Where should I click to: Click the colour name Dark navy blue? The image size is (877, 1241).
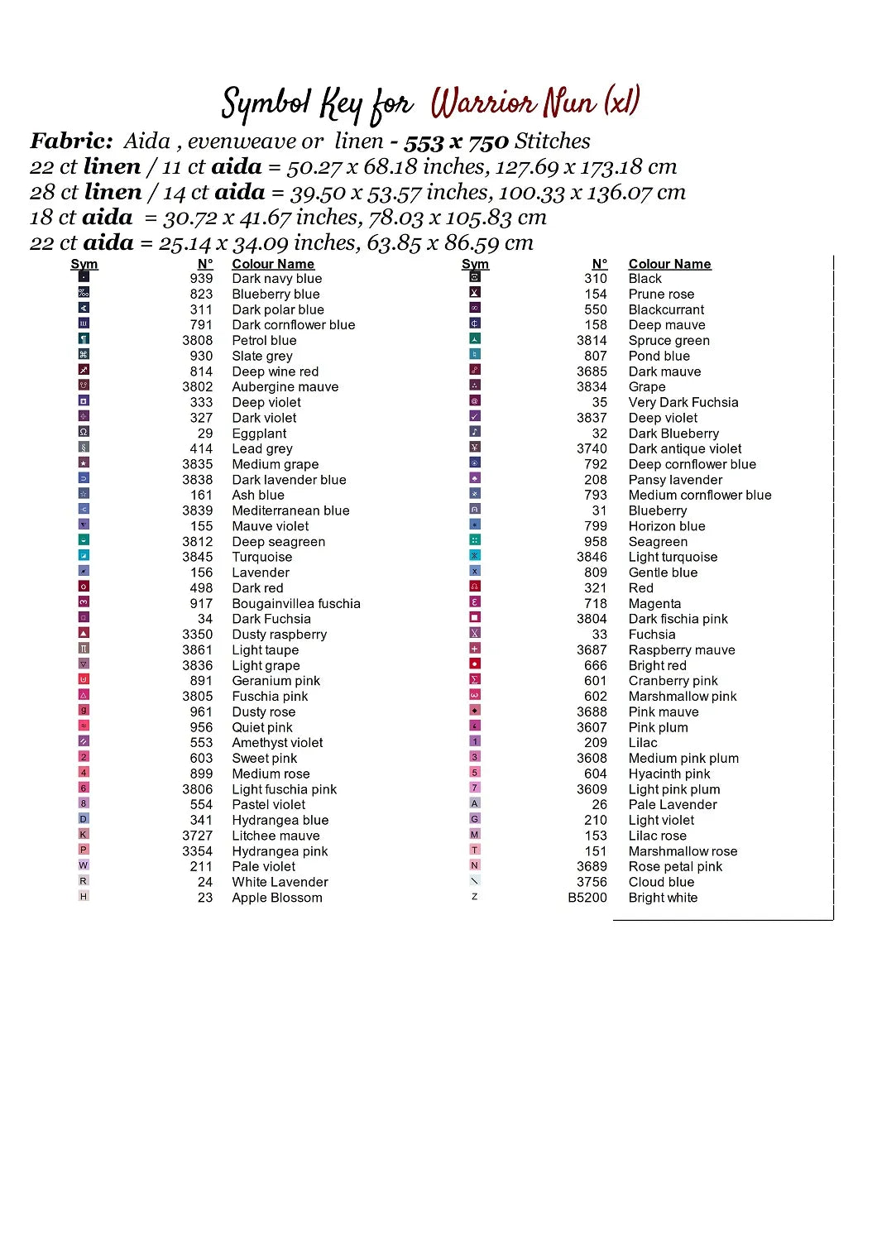click(x=276, y=279)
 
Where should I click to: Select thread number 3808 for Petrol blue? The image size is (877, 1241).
click(x=198, y=341)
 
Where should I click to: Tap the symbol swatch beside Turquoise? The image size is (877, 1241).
click(x=84, y=556)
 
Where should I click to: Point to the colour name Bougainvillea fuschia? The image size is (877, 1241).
click(x=296, y=604)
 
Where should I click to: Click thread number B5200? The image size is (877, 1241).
click(x=587, y=898)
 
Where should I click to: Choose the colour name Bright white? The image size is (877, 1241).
click(x=663, y=898)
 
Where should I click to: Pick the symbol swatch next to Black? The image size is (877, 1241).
click(x=475, y=277)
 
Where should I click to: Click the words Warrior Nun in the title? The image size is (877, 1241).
click(x=513, y=103)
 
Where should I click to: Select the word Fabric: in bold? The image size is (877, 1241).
click(x=71, y=141)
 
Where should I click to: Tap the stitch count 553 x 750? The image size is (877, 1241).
click(x=456, y=142)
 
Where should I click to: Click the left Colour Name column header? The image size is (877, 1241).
click(x=273, y=264)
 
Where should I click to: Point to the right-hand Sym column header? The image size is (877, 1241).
click(x=475, y=264)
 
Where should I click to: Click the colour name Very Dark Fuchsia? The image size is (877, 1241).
click(x=683, y=403)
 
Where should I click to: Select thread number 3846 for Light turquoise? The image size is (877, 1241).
click(x=592, y=558)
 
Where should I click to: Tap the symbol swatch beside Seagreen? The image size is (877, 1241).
click(x=475, y=540)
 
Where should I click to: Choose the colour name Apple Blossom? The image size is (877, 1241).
click(x=277, y=898)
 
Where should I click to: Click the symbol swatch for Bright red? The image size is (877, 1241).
click(x=475, y=664)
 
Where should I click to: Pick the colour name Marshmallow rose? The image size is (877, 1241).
click(x=683, y=851)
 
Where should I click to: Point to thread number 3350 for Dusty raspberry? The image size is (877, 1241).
click(x=198, y=635)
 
